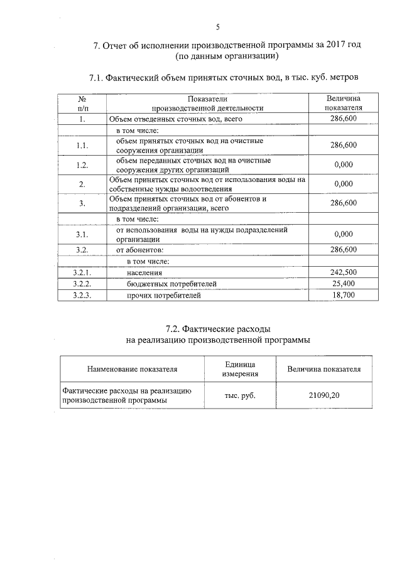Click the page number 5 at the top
tap(217, 27)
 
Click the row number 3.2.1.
tap(82, 272)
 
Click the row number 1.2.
tap(82, 165)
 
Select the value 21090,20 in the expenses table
tap(324, 395)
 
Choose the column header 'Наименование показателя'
tap(132, 370)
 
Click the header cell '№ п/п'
tap(82, 103)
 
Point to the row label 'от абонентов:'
tap(139, 250)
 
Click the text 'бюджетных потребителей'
tap(171, 284)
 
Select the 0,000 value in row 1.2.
tap(344, 165)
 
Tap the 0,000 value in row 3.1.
tap(344, 234)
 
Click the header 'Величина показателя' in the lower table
tap(324, 370)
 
